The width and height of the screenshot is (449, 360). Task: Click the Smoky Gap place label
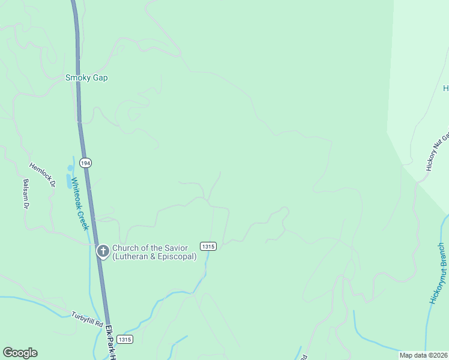click(x=86, y=78)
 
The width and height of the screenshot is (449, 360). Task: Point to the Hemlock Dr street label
click(x=42, y=175)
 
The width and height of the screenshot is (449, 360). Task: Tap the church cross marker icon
click(x=103, y=250)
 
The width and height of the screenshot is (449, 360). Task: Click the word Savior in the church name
click(x=175, y=248)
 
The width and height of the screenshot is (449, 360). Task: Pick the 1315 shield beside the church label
click(x=208, y=247)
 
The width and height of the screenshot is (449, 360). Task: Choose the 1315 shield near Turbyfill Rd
click(x=125, y=339)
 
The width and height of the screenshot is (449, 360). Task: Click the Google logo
click(x=20, y=353)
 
